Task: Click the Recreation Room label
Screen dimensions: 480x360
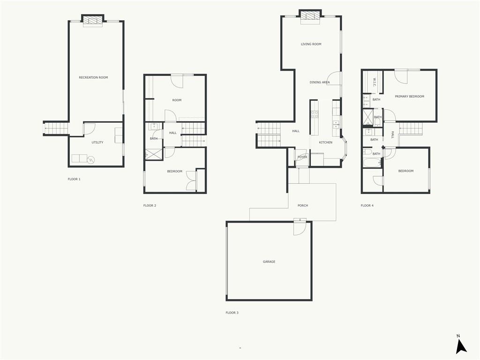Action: pos(93,77)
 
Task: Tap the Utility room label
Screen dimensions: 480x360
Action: pos(97,142)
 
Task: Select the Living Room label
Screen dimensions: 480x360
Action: pos(311,44)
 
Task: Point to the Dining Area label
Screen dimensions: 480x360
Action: pos(320,82)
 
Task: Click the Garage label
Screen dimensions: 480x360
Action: pos(269,262)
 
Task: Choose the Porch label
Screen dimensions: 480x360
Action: pos(303,205)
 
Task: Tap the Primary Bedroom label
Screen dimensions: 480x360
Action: pos(409,97)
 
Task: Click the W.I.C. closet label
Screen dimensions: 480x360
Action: pos(375,82)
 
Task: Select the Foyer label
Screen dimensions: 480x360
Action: pos(302,157)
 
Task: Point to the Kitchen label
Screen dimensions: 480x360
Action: pos(325,142)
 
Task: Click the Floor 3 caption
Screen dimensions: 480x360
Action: pos(232,313)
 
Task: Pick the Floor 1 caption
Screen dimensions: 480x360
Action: pos(74,179)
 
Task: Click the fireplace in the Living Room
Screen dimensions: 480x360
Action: pos(310,16)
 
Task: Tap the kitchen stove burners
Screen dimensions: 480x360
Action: pos(315,114)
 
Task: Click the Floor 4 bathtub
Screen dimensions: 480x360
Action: pos(372,163)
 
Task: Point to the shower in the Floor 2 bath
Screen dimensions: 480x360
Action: pos(154,154)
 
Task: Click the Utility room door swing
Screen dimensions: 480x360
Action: pos(90,129)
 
